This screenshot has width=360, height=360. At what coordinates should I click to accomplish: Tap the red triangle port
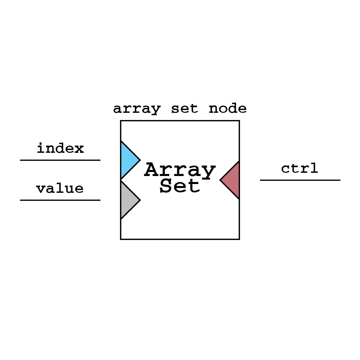coord(232,180)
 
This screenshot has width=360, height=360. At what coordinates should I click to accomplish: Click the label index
coord(60,149)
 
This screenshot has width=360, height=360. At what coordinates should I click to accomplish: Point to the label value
coord(60,189)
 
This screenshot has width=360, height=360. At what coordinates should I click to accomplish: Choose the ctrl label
coord(300,168)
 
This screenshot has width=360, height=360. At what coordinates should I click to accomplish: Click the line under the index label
coord(60,160)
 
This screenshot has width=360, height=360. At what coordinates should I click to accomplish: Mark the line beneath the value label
coord(60,200)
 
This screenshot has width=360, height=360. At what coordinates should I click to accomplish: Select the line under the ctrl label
coord(300,180)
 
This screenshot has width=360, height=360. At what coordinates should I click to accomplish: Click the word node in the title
coord(228,109)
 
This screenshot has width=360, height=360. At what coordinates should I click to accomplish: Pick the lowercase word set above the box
coord(184,109)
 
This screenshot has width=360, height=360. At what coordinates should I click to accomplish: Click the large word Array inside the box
coord(180,170)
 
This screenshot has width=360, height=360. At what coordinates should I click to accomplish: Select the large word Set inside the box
coord(180,186)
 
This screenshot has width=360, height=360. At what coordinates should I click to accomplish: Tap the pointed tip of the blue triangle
coord(140,160)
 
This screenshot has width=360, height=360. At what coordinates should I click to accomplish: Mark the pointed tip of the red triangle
coord(220,180)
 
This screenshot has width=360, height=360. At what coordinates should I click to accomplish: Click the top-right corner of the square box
coord(239,121)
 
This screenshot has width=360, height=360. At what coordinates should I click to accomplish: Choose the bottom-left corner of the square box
coord(121,239)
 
